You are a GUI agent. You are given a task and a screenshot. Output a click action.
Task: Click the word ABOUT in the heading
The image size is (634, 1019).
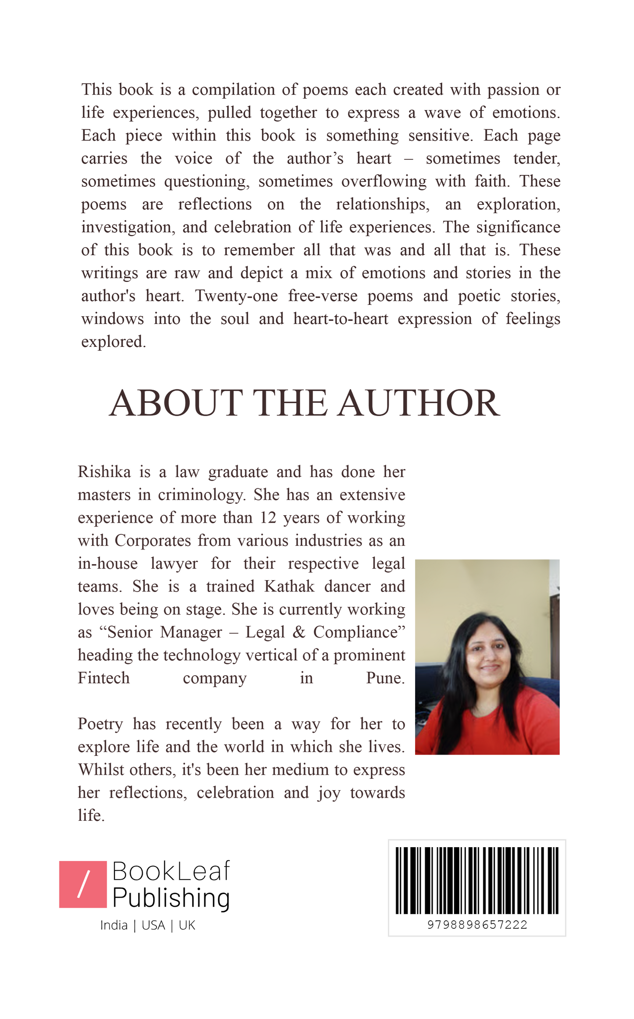pyautogui.click(x=175, y=403)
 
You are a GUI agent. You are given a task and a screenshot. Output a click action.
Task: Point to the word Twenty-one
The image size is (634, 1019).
pyautogui.click(x=236, y=296)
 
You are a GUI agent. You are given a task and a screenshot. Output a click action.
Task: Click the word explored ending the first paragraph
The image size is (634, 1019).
pyautogui.click(x=113, y=342)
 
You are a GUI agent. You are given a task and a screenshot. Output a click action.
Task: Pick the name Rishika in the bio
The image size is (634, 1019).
pyautogui.click(x=104, y=472)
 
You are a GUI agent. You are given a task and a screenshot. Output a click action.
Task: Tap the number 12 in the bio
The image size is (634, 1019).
pyautogui.click(x=268, y=518)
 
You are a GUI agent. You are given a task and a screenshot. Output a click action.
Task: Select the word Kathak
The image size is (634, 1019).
pyautogui.click(x=289, y=587)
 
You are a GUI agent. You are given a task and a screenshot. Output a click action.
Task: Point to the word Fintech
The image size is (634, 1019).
pyautogui.click(x=104, y=678)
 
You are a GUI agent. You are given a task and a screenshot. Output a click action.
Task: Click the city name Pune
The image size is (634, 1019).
pyautogui.click(x=385, y=678)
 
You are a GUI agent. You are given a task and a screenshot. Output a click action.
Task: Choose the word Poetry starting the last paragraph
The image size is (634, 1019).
pyautogui.click(x=100, y=724)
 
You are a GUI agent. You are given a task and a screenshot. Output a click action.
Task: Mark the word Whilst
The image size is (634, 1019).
pyautogui.click(x=99, y=770)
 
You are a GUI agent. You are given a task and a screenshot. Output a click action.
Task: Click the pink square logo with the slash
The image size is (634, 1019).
pyautogui.click(x=83, y=884)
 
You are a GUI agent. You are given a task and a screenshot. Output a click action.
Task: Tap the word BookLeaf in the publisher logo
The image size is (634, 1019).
pyautogui.click(x=171, y=871)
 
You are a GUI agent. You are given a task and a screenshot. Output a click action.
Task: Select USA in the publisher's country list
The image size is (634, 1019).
pyautogui.click(x=153, y=926)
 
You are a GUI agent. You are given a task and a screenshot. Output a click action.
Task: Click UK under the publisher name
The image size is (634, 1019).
pyautogui.click(x=187, y=926)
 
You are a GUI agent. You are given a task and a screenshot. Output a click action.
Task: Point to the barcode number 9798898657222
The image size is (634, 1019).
pyautogui.click(x=477, y=925)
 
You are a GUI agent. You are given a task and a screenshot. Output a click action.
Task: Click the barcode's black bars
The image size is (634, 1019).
pyautogui.click(x=477, y=880)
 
